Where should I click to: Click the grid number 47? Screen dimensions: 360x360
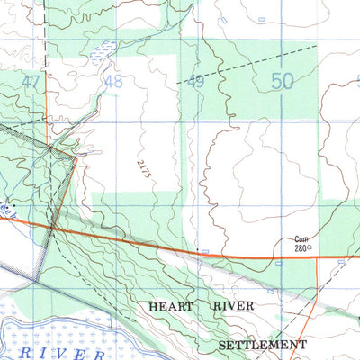[x=31, y=82]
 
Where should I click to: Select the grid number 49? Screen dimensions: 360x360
[x=197, y=82]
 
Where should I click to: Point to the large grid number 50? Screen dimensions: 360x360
[x=283, y=81]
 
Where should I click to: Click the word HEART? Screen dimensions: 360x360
[x=171, y=307]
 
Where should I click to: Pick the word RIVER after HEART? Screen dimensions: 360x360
[x=233, y=307]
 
